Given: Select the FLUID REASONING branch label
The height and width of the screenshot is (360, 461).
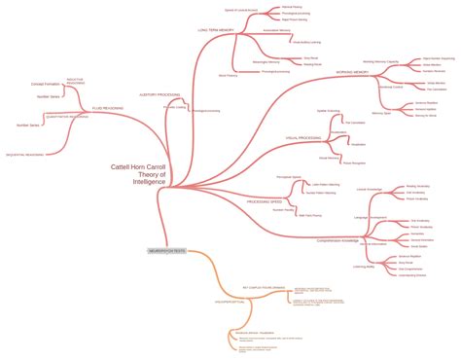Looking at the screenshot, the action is [108, 108].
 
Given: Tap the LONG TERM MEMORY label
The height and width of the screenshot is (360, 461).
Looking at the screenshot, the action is [216, 30].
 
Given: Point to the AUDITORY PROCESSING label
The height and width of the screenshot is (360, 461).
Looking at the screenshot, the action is [160, 95].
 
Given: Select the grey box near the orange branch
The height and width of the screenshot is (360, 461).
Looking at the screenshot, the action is [166, 251].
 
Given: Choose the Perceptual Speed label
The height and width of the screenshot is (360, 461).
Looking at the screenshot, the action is [288, 177].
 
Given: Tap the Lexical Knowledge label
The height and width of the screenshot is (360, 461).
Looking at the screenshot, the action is [368, 189].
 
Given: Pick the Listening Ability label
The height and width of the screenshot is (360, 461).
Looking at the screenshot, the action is [367, 265].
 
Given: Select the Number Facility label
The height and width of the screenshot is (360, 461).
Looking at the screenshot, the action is [283, 208].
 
